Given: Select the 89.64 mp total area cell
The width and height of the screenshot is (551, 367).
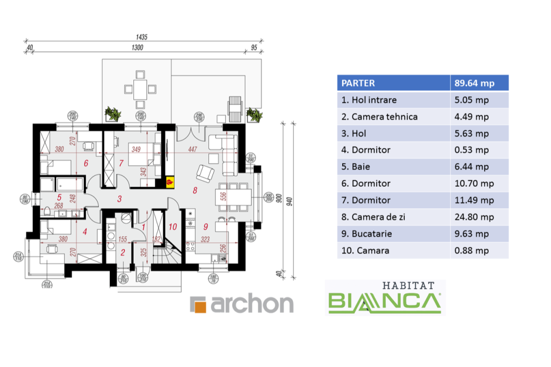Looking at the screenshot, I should [x=474, y=83].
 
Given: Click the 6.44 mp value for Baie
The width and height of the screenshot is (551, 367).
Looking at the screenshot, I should [x=471, y=167].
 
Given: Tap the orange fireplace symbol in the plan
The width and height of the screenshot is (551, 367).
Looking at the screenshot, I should [x=171, y=182].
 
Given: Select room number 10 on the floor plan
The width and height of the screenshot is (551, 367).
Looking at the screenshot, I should [x=173, y=227].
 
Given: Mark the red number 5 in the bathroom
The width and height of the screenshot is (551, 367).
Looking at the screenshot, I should [x=60, y=197].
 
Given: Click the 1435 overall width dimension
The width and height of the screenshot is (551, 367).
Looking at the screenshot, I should [x=142, y=38].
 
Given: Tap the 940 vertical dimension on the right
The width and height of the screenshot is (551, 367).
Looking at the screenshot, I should [x=290, y=202].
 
